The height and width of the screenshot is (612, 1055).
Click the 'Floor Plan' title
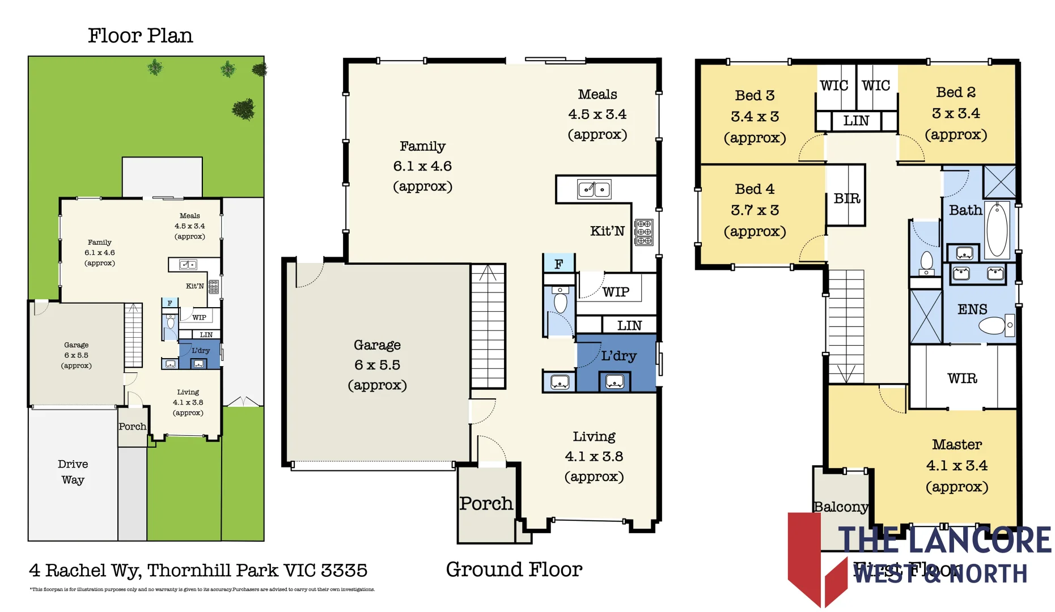pos(140,36)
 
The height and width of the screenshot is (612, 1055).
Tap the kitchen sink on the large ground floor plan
pos(594,189)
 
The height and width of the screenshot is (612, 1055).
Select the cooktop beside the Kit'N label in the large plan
pos(644,232)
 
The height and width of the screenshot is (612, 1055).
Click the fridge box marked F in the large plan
pos(559,263)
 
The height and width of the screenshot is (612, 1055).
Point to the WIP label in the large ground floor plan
pos(616,292)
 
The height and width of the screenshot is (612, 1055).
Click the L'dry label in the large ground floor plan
pos(618,356)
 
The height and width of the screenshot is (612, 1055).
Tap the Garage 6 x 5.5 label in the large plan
pos(377,364)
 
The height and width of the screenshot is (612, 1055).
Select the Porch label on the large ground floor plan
pos(486,503)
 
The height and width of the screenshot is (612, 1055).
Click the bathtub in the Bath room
pos(997,229)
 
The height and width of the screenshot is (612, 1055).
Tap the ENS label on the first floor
pos(972,309)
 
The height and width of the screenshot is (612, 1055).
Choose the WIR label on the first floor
pos(962,378)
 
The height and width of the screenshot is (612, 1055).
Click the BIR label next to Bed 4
pos(847,198)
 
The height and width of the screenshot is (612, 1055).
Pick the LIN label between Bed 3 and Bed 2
pos(855,121)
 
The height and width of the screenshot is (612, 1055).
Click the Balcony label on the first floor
pos(841,507)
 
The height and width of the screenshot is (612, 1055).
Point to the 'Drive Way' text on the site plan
pos(73,471)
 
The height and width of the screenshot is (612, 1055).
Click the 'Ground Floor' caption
pos(514,569)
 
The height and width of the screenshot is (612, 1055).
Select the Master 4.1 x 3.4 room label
pos(957,465)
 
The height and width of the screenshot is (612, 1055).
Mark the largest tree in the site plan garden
pos(244,109)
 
